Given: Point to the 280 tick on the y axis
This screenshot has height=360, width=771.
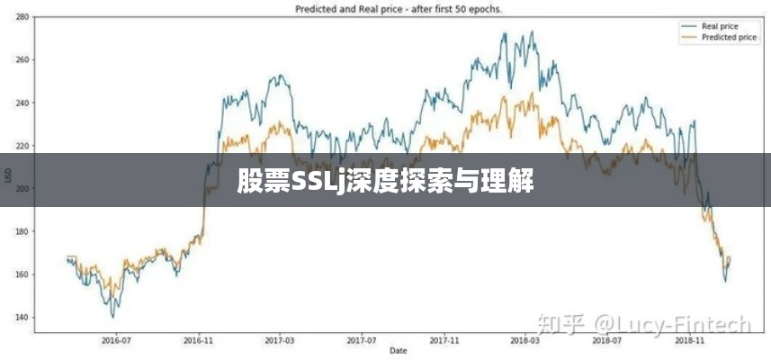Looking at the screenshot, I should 22,17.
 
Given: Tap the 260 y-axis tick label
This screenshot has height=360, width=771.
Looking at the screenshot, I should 22,60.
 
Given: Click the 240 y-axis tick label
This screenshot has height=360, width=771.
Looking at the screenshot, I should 22,103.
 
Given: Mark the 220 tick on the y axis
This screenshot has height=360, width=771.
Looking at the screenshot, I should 22,146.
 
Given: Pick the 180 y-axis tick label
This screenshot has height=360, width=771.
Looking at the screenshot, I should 22,231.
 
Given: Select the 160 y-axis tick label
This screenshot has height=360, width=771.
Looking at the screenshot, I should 22,274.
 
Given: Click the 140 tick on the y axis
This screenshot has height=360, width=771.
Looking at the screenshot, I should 22,318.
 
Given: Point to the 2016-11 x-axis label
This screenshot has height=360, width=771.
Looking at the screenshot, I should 198,341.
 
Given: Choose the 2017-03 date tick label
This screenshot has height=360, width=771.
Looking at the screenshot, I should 279,341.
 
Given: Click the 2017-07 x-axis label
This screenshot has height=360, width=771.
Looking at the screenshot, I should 361,341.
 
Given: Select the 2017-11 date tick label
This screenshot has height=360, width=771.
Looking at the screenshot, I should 444,341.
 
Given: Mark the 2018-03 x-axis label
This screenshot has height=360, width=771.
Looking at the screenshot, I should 524,341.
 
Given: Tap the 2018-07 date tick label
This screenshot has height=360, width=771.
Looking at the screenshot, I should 606,341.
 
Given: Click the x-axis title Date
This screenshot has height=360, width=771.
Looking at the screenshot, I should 398,351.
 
